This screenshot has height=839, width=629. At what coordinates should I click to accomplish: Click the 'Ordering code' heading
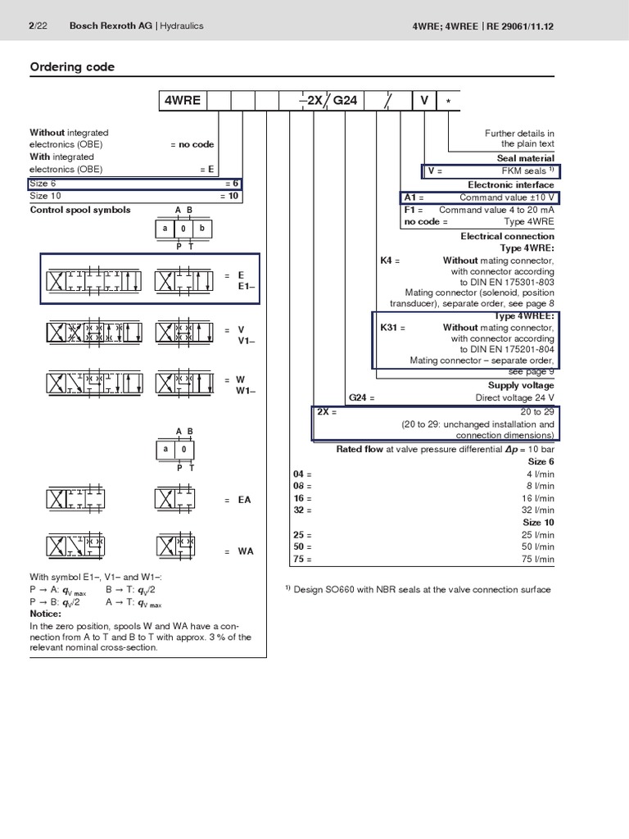(72, 67)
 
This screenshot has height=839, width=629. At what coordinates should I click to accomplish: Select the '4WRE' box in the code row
(182, 101)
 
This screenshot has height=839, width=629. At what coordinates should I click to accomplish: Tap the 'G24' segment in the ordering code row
(345, 101)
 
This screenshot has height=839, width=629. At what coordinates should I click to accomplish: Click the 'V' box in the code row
(424, 101)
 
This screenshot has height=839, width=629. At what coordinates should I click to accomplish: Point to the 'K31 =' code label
(393, 328)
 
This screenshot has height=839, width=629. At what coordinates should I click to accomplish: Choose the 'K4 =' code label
(390, 261)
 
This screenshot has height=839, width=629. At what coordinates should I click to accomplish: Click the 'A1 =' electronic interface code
(414, 197)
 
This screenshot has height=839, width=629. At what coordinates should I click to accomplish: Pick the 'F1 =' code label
(414, 210)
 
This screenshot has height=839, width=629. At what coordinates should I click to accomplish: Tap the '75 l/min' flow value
(538, 560)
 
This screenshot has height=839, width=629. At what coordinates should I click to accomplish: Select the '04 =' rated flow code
(302, 474)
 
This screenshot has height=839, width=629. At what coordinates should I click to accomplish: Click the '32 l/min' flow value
(538, 510)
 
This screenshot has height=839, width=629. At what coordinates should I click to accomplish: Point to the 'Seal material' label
(525, 158)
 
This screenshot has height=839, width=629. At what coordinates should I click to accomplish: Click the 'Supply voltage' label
(521, 385)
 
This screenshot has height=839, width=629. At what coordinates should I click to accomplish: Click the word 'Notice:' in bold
(46, 614)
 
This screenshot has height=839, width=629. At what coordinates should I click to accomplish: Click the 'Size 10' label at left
(45, 197)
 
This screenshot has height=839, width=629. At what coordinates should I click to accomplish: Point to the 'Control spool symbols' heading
(80, 210)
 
